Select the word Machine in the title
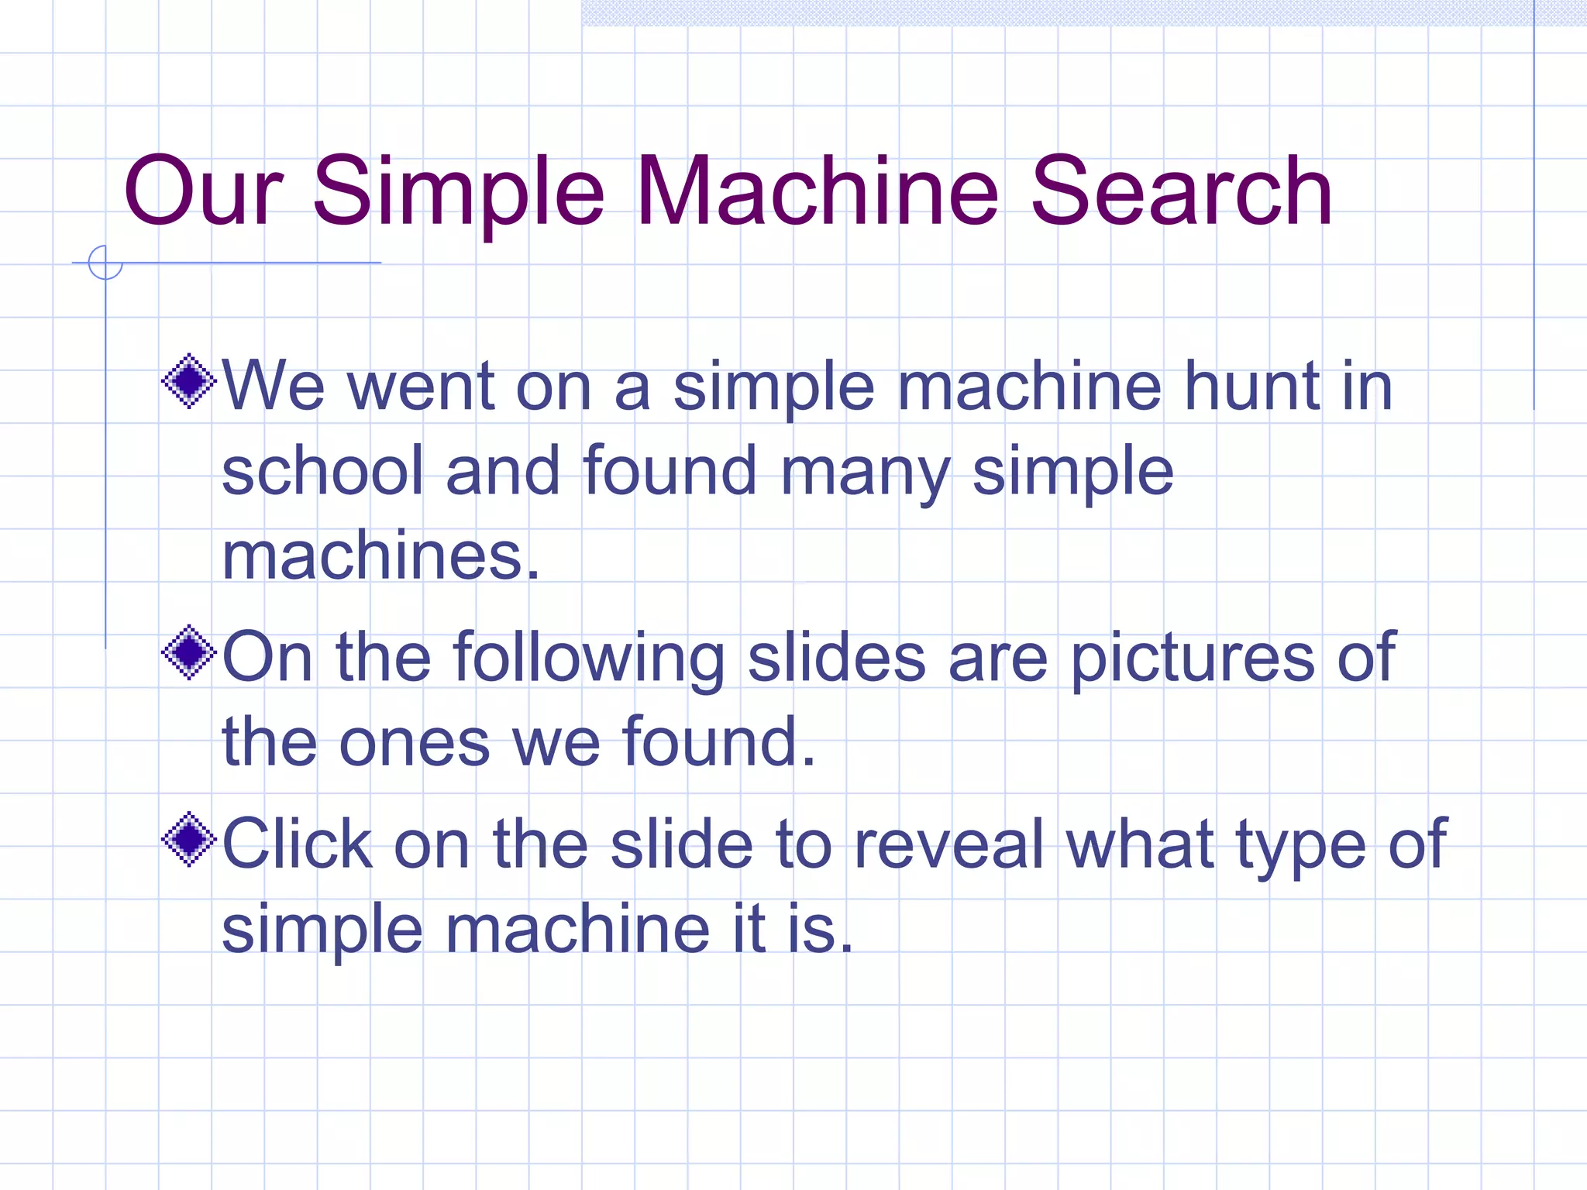coord(818,191)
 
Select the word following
coord(589,659)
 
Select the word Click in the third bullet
coord(297,844)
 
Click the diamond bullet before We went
coord(188,381)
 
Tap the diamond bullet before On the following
coord(188,652)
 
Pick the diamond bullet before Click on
coord(188,839)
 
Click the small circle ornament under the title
coord(105,263)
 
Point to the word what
coord(1140,844)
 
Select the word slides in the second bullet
coord(836,658)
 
